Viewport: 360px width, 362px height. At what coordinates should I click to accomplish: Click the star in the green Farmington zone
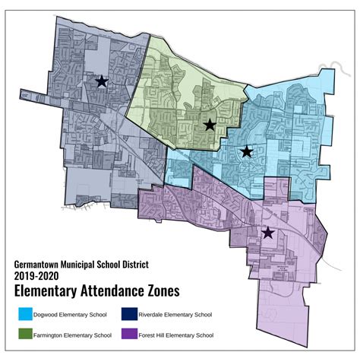click(210, 125)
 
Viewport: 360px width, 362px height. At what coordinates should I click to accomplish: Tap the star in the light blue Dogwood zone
click(247, 152)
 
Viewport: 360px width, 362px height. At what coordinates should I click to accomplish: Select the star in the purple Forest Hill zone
click(267, 233)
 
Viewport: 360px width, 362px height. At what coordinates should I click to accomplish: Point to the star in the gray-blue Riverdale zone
click(101, 81)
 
